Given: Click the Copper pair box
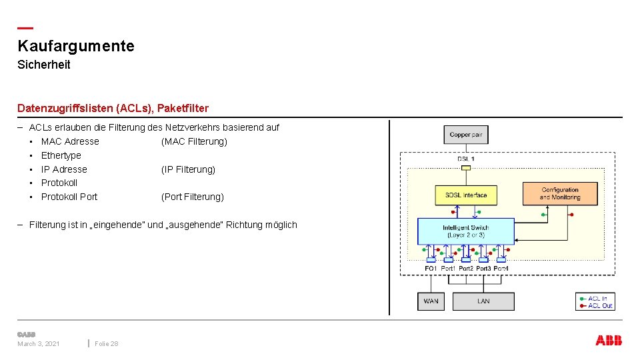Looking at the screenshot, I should [466, 135].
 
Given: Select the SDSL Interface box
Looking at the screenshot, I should [466, 195].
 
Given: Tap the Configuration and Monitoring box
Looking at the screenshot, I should [559, 193].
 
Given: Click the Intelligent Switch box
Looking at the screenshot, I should [466, 231].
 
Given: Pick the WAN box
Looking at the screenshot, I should [431, 301].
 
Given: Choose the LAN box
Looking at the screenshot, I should [483, 301].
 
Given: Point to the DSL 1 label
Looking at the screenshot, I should [466, 159].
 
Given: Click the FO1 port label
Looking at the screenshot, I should [431, 269].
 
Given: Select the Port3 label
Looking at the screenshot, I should [483, 269].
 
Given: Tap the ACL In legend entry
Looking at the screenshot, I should [597, 299].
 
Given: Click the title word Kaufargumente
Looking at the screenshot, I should [76, 46].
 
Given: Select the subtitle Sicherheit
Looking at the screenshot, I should [44, 65].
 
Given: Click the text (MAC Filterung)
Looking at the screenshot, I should [194, 141].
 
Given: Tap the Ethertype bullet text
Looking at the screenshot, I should [61, 155].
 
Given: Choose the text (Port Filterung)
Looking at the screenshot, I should [193, 197].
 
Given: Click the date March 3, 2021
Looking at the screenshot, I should [39, 343].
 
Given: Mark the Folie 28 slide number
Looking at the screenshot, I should [107, 343].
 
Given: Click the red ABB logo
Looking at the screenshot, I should [609, 341].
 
